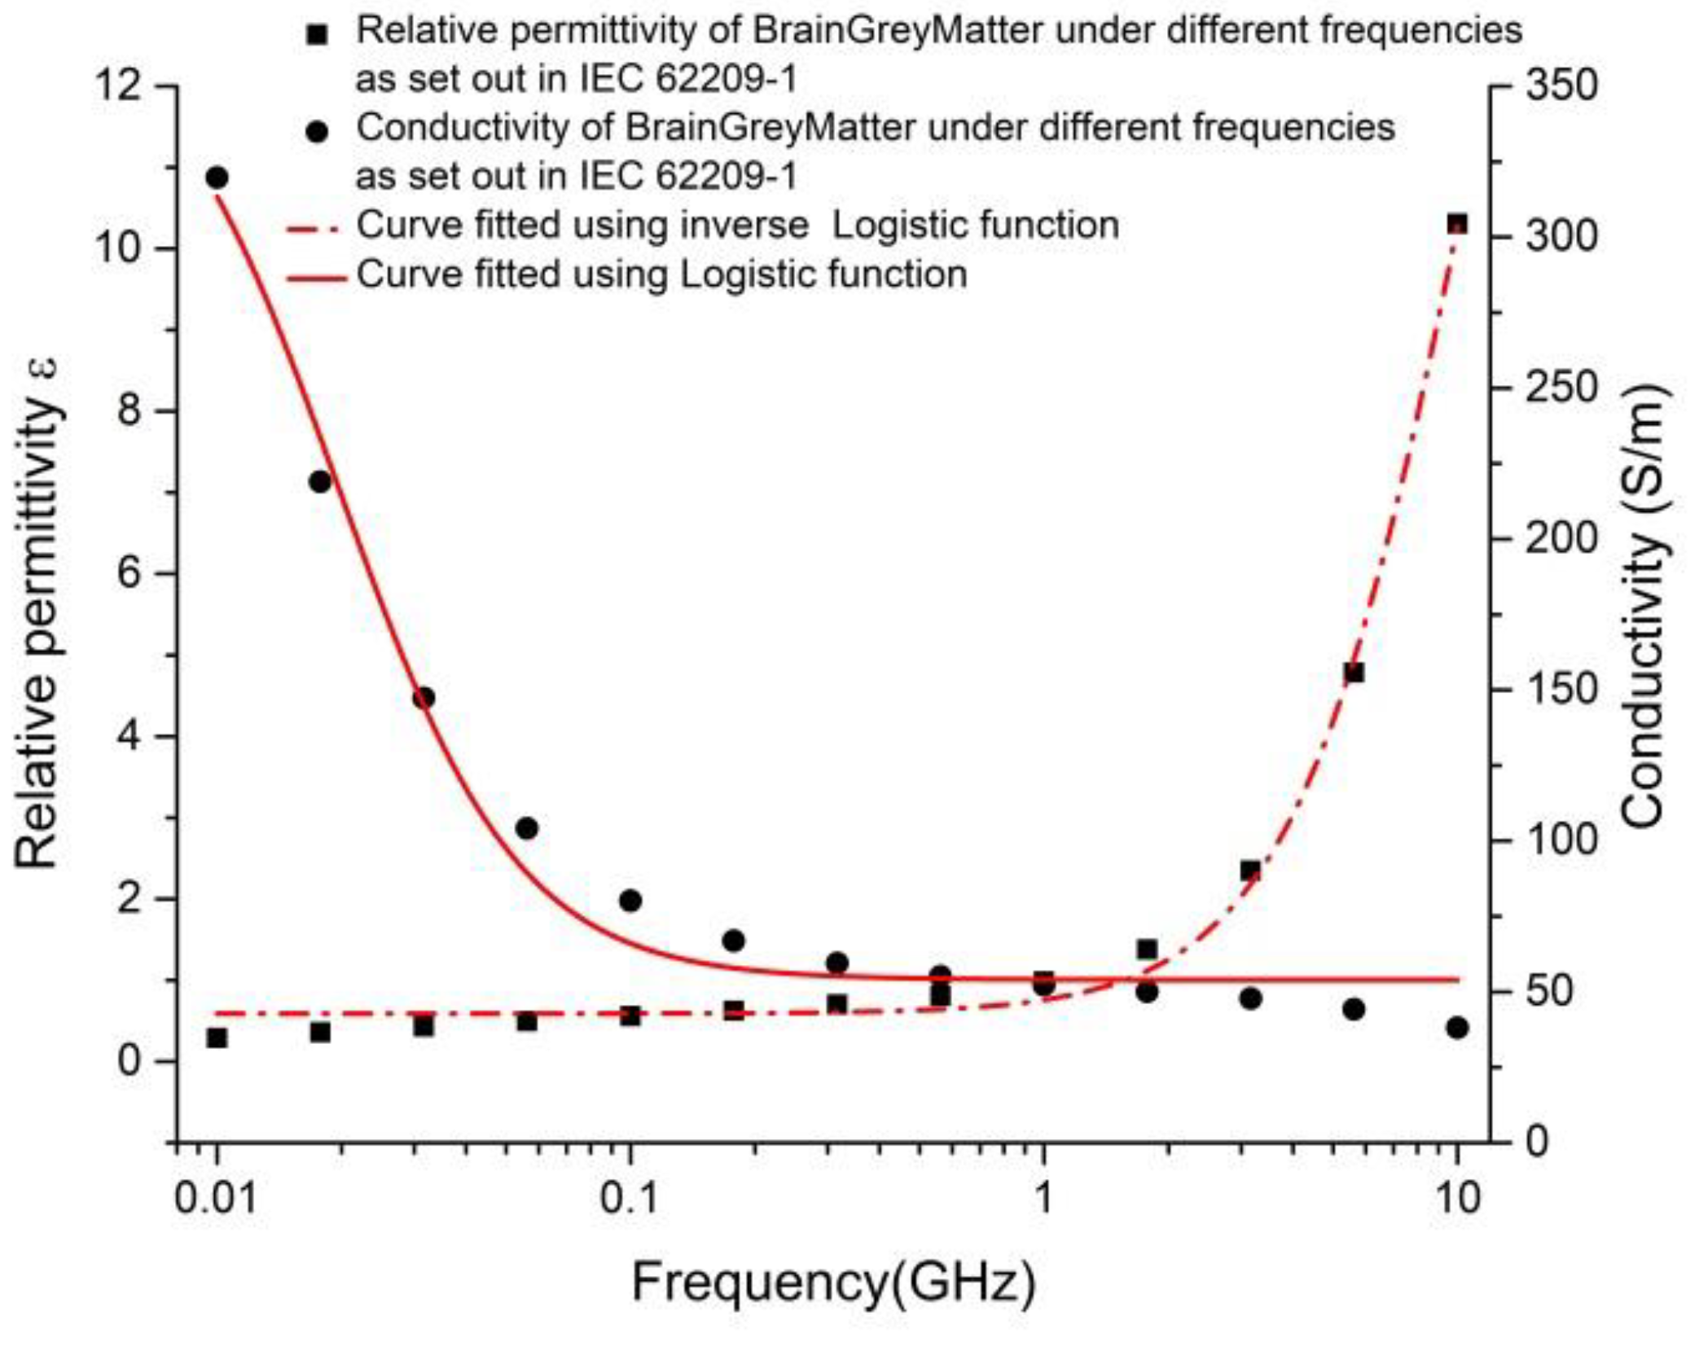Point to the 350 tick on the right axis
click(1561, 86)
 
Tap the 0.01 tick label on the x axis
click(216, 1198)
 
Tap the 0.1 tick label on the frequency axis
click(629, 1198)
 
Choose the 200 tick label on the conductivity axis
click(1561, 538)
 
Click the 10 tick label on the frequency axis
click(1457, 1198)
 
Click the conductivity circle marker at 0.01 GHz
click(217, 177)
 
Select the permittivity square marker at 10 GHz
click(1457, 225)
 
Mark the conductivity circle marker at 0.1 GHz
click(630, 901)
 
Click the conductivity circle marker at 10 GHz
click(1457, 1028)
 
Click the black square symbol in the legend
click(318, 35)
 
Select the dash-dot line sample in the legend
click(316, 230)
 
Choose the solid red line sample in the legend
click(316, 278)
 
